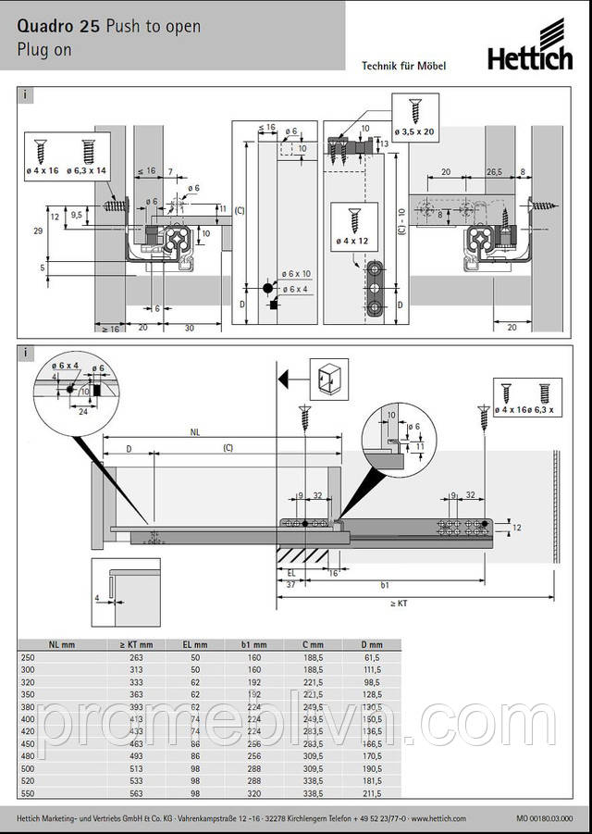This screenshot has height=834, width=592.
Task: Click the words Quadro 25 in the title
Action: click(x=56, y=27)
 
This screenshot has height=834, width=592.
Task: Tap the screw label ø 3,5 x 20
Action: click(x=414, y=132)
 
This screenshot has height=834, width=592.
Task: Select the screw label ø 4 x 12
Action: click(x=354, y=241)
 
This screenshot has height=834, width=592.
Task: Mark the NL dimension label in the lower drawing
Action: click(x=194, y=431)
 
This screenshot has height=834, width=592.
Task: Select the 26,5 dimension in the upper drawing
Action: click(x=494, y=172)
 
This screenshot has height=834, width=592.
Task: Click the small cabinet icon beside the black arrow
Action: click(x=328, y=378)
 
